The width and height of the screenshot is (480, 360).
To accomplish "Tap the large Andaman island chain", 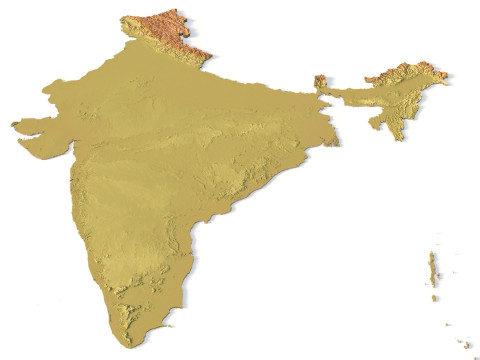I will (433, 268).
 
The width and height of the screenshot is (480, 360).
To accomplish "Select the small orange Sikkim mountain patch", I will (321, 82).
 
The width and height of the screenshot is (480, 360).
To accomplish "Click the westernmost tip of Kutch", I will (13, 124).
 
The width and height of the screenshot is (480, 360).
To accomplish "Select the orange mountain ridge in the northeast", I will (410, 73).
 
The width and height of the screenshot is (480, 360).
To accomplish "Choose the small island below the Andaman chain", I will (435, 298).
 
